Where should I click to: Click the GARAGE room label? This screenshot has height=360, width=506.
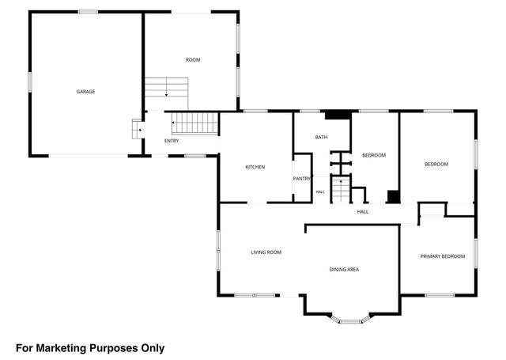point(86,92)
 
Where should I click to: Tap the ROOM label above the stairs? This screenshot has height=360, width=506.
point(193,59)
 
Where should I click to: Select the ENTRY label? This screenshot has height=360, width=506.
point(172,141)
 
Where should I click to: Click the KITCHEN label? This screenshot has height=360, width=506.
point(255,167)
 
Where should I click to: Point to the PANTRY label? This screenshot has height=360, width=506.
point(302,179)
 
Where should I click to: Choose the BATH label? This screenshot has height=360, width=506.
point(322,137)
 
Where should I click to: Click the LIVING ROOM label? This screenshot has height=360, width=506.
point(266,252)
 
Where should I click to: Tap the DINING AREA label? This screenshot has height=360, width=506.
point(345,269)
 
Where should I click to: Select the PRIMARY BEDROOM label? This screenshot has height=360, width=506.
point(443,256)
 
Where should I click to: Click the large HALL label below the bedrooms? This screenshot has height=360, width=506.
point(363,212)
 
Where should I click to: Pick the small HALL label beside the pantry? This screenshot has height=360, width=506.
point(320,192)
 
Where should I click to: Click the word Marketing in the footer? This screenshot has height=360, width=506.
point(62,348)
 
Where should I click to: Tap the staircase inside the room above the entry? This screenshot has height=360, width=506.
point(167,93)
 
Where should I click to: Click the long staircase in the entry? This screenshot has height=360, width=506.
point(194,123)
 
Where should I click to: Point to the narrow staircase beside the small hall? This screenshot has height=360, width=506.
point(341,190)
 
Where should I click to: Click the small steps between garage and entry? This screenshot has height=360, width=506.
point(137,129)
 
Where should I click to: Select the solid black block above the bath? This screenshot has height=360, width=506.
point(338,115)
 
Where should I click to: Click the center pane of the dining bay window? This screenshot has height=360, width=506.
point(351,321)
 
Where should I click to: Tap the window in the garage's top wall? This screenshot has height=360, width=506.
point(88,12)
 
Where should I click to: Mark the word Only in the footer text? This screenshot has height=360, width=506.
point(153,348)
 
